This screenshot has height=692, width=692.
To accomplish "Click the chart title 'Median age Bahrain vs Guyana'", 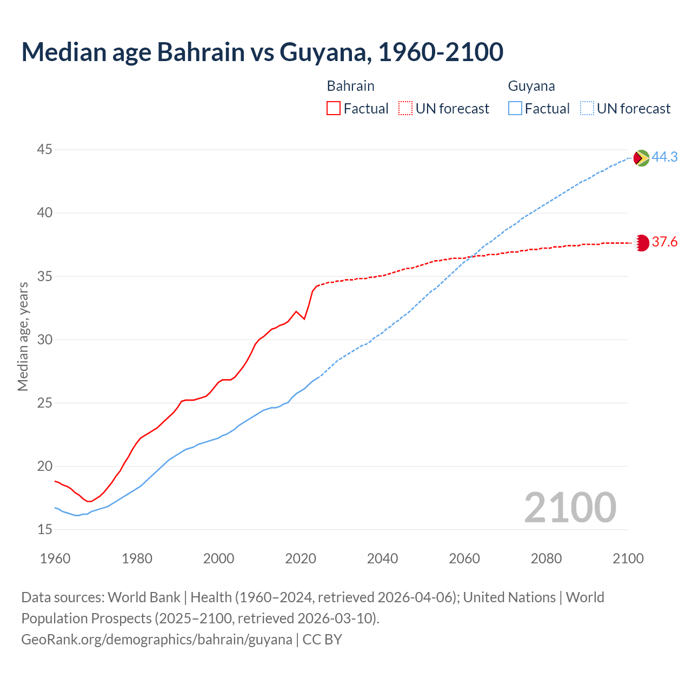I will [x=262, y=52].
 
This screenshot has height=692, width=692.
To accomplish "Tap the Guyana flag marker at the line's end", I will [x=641, y=158].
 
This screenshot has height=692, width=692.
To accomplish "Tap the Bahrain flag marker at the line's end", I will [x=641, y=243].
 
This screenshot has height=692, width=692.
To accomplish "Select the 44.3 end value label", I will [x=664, y=157].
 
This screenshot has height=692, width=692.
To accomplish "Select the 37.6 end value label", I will [x=664, y=242].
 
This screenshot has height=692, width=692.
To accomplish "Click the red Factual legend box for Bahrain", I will [x=334, y=109].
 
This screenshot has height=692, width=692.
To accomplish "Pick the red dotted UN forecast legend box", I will [x=405, y=109].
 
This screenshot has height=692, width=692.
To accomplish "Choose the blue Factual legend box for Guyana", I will [x=515, y=109].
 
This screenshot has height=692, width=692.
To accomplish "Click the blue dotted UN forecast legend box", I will [x=587, y=109].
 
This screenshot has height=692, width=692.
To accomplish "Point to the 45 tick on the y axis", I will [x=45, y=149].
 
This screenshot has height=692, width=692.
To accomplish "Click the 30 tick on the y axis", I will [x=45, y=340].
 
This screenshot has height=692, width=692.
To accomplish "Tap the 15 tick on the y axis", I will [x=45, y=529].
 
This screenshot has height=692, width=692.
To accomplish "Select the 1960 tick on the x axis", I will [x=55, y=558].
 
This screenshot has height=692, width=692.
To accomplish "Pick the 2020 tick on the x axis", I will [x=301, y=558].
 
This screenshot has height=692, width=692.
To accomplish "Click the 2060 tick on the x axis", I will [x=464, y=558].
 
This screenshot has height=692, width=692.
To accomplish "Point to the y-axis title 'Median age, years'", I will [x=23, y=336].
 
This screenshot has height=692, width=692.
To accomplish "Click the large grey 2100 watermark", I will [x=570, y=507].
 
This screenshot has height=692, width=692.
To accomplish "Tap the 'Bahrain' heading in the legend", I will [x=350, y=86].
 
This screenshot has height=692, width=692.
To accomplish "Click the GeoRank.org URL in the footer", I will [x=157, y=640].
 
